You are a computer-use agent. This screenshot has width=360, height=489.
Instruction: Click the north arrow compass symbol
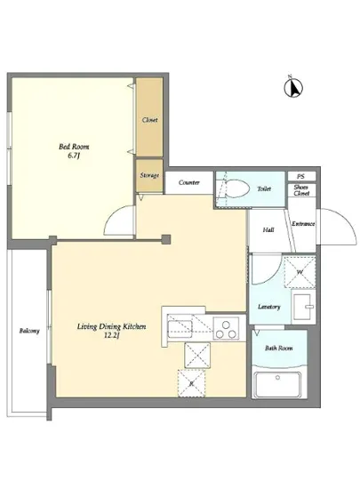point(293,87)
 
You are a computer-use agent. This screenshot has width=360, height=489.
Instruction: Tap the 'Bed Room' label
point(74,147)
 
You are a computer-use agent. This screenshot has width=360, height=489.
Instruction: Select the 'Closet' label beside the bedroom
point(149,120)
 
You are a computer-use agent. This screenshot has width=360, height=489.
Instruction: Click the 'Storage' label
point(149,175)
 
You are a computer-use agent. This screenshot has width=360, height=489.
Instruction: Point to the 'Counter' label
point(188,182)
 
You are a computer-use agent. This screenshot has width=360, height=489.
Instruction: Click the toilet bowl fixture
point(236,188)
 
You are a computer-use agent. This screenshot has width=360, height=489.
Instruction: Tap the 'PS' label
point(300,177)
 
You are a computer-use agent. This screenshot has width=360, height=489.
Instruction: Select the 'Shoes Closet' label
point(301,190)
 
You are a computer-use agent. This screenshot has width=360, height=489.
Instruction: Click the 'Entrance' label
point(303,223)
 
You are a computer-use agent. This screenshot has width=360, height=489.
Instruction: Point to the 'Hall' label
point(268,230)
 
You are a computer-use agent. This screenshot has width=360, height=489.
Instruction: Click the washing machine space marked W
point(300,272)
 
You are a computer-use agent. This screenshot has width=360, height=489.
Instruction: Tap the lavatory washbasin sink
point(303,308)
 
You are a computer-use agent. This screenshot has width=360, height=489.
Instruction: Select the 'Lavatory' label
point(269,307)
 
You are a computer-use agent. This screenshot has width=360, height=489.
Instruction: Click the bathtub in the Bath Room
point(277,384)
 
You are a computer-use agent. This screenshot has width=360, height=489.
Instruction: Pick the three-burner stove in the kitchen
point(226,328)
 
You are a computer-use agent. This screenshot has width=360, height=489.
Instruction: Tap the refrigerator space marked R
point(192,383)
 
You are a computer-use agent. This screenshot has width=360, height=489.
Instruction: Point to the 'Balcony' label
point(29,331)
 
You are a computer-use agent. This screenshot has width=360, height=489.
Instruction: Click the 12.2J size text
point(112,336)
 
